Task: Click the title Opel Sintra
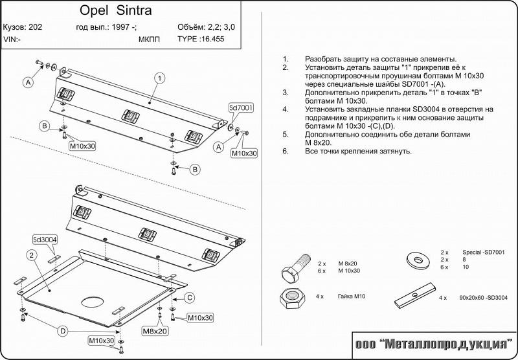[x=116, y=10]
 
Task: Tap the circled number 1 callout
[x=160, y=78]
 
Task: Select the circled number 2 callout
[x=32, y=255]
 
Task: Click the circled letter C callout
[x=189, y=298]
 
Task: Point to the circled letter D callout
[x=63, y=331]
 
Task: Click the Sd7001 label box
[x=241, y=107]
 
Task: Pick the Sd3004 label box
[x=45, y=240]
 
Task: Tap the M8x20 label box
[x=155, y=331]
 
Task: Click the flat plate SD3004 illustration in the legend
[x=415, y=295]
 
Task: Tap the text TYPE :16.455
[x=201, y=39]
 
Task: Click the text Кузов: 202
[x=23, y=27]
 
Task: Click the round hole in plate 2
[x=93, y=301]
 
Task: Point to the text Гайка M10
[x=352, y=297]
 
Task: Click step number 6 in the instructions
[x=286, y=152]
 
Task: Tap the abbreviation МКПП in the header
[x=149, y=39]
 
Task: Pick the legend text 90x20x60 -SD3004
[x=483, y=298]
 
